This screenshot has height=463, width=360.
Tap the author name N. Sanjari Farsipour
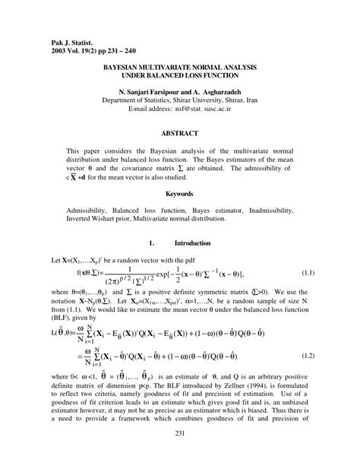(147, 90)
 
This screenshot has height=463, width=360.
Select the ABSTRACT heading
(180, 132)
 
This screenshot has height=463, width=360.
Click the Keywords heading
(180, 194)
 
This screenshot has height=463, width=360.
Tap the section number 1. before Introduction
(153, 243)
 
